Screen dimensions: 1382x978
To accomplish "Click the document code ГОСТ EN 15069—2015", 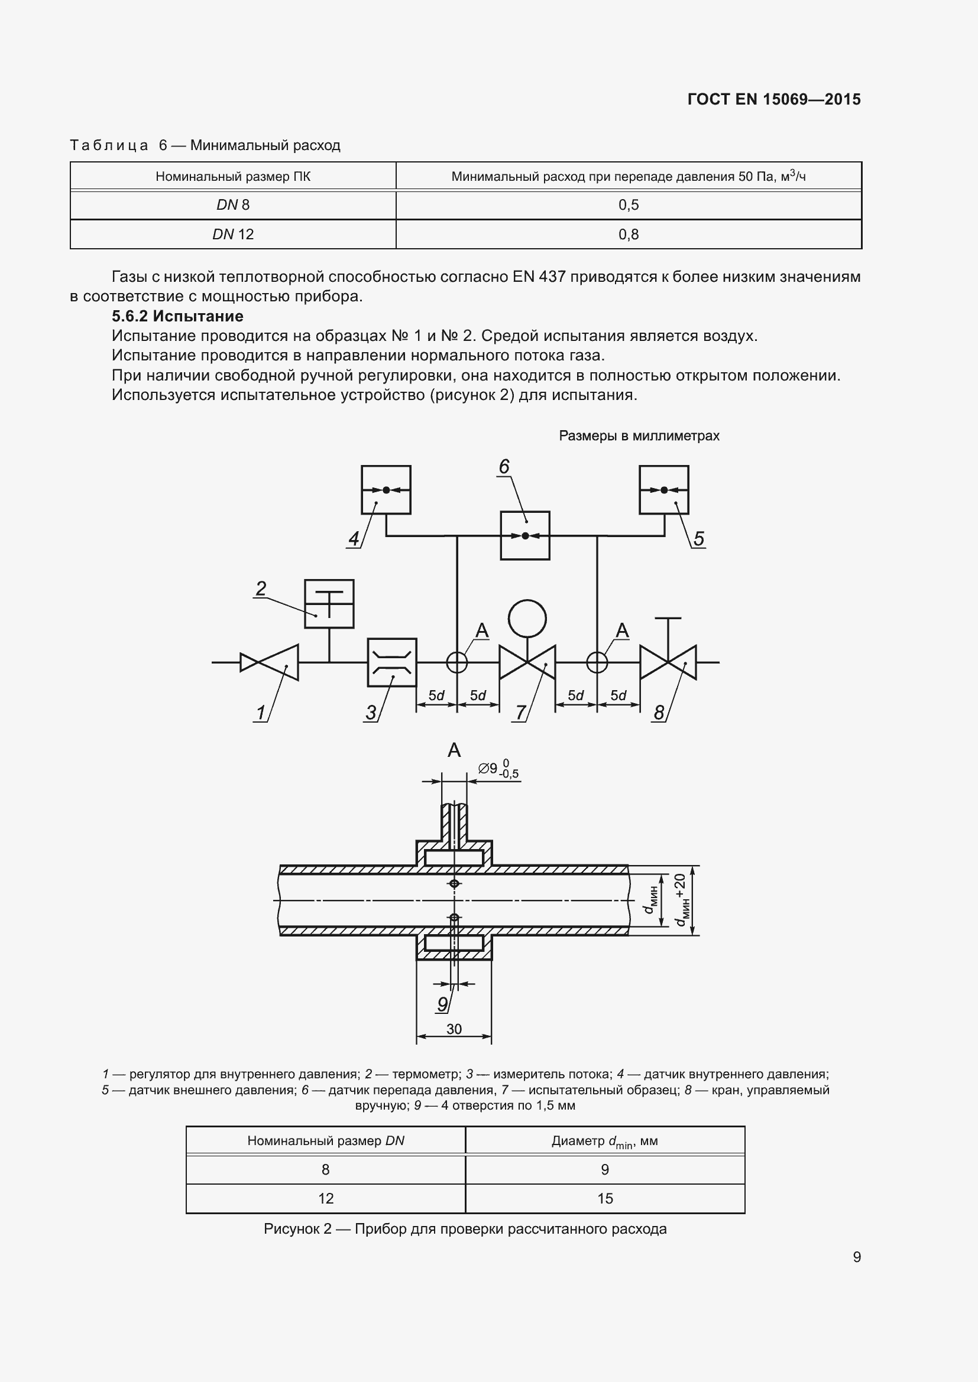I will [774, 99].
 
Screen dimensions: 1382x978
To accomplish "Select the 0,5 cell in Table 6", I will [628, 205].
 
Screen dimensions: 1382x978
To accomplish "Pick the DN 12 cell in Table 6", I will [233, 234].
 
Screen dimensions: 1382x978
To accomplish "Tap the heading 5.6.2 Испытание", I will [177, 316].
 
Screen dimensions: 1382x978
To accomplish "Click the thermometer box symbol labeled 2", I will [329, 604].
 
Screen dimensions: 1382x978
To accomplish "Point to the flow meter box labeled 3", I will [392, 662].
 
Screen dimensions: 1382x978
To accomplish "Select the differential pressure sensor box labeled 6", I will [525, 536].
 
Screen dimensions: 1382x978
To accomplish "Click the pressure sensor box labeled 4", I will [386, 490].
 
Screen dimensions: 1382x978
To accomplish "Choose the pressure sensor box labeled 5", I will [663, 490].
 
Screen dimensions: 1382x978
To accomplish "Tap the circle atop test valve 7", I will [527, 618].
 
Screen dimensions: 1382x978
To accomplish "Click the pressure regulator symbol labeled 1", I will [269, 662].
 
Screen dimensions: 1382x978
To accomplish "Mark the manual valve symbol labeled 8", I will [668, 662].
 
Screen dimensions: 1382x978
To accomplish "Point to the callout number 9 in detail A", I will [443, 1003].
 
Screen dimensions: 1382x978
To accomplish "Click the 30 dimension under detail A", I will [454, 1029].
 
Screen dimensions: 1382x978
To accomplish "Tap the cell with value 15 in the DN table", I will [605, 1198].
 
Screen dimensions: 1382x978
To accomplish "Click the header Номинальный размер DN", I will [326, 1140].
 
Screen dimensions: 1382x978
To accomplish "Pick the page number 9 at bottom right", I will [857, 1257].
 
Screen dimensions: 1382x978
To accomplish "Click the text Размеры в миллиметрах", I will [639, 436].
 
